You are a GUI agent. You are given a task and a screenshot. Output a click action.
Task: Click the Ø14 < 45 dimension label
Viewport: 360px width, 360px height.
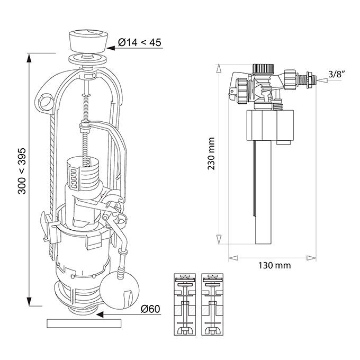pyautogui.click(x=140, y=42)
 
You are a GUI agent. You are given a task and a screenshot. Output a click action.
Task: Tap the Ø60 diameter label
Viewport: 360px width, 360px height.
pyautogui.click(x=150, y=309)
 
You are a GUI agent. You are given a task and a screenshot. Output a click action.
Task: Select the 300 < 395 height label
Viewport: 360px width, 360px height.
pyautogui.click(x=22, y=171)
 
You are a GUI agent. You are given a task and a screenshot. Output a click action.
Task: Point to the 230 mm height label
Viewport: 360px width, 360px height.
pyautogui.click(x=211, y=154)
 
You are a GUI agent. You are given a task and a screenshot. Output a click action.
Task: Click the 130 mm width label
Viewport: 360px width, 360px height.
pyautogui.click(x=275, y=265)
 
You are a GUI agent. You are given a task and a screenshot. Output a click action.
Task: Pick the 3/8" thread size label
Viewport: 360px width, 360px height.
pyautogui.click(x=337, y=74)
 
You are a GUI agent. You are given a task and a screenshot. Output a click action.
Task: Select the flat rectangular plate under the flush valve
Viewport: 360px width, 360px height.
pyautogui.click(x=84, y=323)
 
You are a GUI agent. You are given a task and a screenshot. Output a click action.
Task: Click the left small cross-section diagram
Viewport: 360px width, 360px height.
pyautogui.click(x=185, y=304)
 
